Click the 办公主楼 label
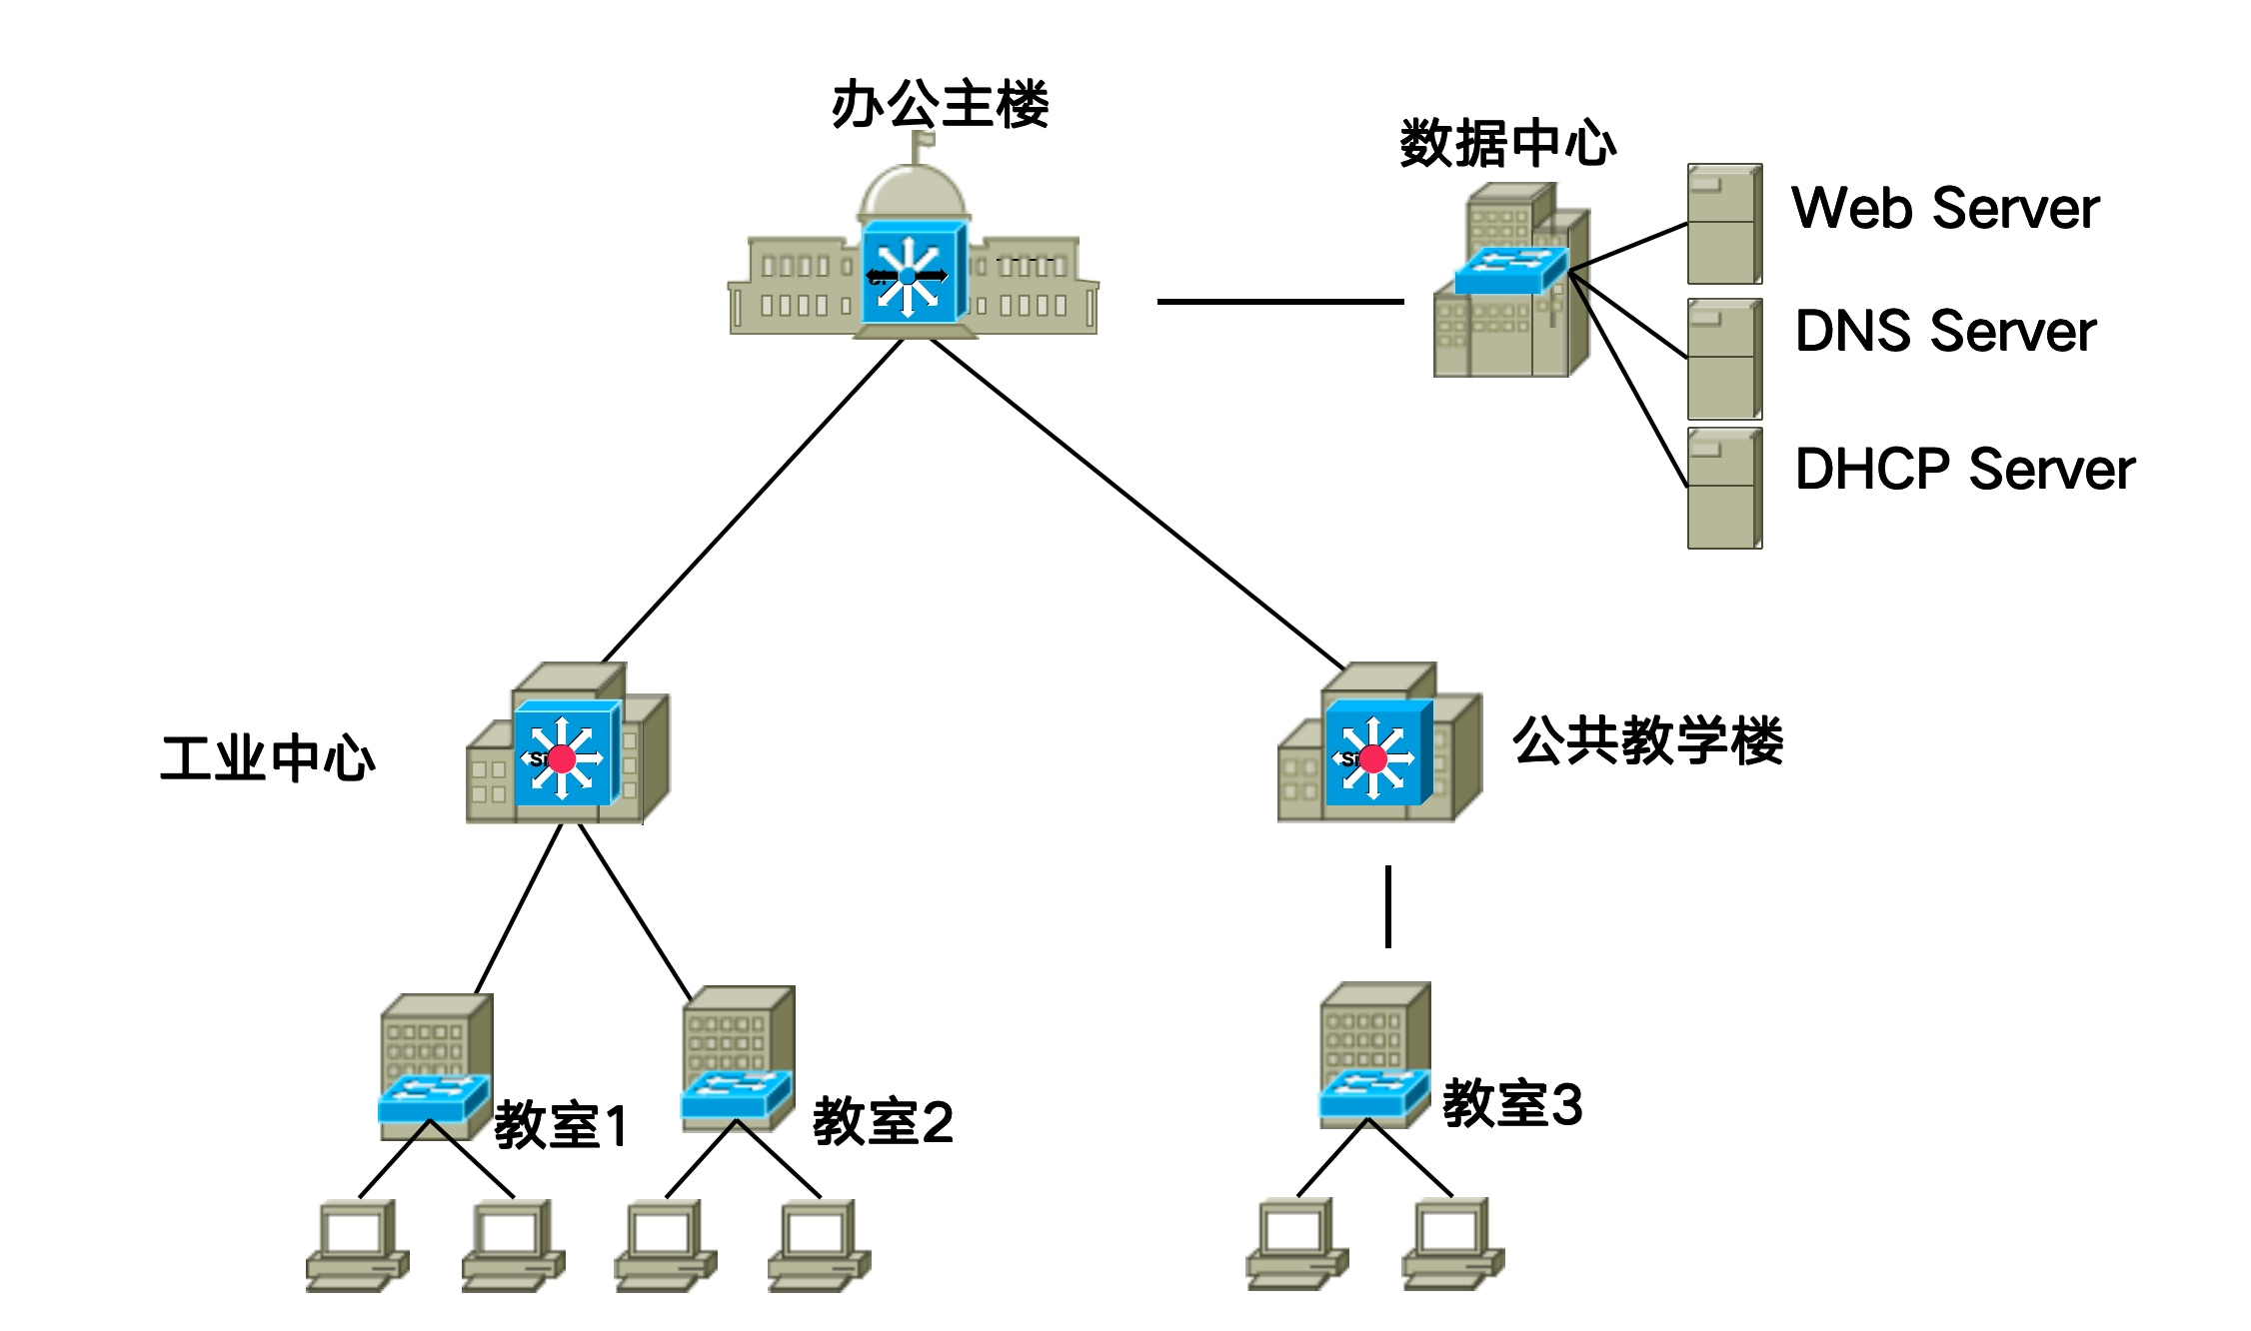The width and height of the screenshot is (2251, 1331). tap(940, 104)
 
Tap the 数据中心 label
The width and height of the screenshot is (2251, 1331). tap(1507, 143)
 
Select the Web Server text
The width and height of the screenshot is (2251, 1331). tap(1945, 208)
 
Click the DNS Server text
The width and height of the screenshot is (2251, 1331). tap(1945, 331)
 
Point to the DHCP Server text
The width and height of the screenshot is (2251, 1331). tap(1965, 469)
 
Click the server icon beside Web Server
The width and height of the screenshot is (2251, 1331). tap(1724, 224)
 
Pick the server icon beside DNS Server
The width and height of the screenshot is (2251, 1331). tap(1724, 359)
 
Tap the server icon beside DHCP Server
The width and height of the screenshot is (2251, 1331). tap(1724, 488)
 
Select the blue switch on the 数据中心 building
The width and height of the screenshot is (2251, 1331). tap(1510, 270)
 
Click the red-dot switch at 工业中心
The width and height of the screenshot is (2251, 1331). tap(567, 753)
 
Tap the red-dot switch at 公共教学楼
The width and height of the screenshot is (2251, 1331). tap(1378, 753)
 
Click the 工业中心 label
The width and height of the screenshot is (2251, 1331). tap(268, 757)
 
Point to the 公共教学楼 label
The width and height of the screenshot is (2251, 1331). tap(1647, 740)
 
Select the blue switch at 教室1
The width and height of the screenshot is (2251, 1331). tap(434, 1098)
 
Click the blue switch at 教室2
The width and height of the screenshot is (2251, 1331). tap(737, 1095)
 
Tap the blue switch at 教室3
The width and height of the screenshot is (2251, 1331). tap(1374, 1093)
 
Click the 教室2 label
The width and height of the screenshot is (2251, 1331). tap(883, 1121)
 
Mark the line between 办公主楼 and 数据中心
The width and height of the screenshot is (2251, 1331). tap(1280, 301)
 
